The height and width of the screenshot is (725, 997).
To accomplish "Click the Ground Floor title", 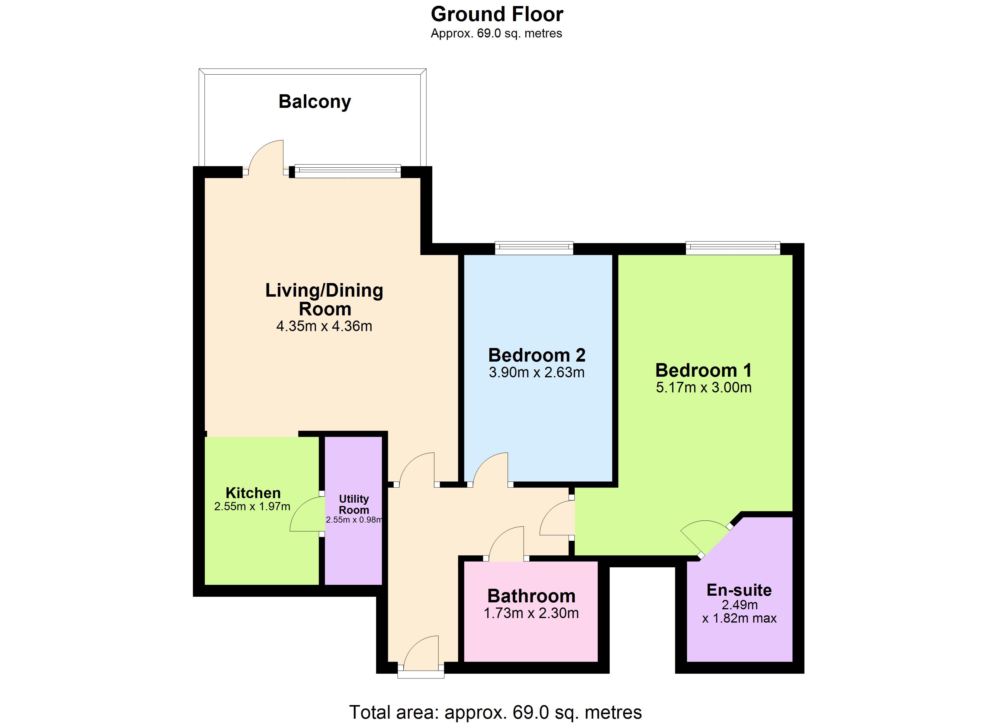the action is click(497, 14).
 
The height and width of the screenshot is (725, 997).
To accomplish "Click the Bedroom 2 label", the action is click(537, 355).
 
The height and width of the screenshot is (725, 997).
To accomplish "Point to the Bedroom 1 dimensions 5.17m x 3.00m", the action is click(704, 387).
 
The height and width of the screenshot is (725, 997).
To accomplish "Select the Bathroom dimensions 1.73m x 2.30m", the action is click(531, 613).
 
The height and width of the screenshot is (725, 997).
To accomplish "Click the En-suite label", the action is click(739, 590).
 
